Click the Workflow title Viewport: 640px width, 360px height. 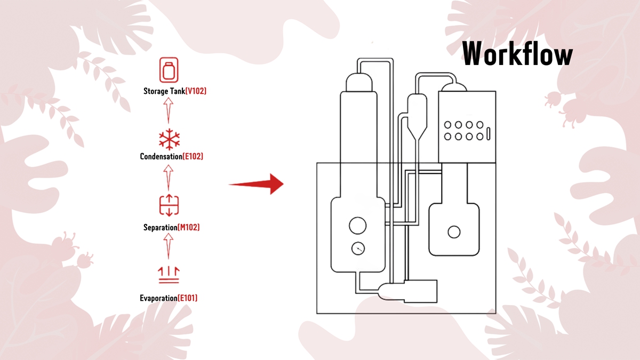(517, 53)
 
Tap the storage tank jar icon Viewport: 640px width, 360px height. (169, 71)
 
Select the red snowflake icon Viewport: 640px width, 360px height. (169, 139)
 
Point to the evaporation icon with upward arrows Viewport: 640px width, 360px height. (169, 275)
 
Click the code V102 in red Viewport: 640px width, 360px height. (195, 91)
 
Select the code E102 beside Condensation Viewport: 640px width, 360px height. (193, 157)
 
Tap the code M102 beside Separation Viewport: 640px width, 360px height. (189, 228)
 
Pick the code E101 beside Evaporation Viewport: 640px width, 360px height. (187, 298)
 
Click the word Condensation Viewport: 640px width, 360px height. (161, 157)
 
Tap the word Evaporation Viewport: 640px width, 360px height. (158, 298)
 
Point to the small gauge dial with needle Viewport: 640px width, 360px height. (358, 248)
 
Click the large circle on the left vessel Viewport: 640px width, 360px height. (357, 226)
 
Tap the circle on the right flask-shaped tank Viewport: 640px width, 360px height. (454, 231)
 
